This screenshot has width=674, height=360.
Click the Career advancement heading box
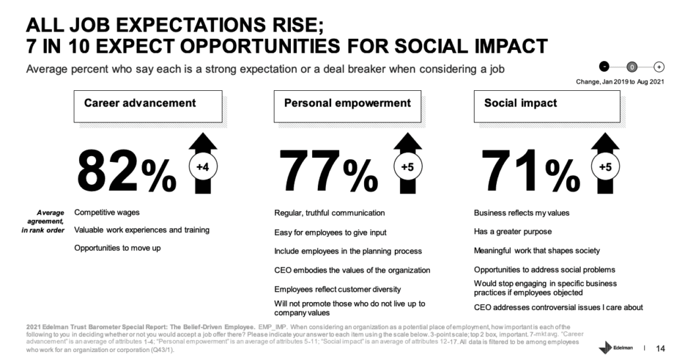(x=148, y=107)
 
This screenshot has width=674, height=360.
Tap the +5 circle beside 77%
(x=405, y=167)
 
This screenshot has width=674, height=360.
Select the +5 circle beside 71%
(x=604, y=167)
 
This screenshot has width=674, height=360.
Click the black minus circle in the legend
(x=605, y=66)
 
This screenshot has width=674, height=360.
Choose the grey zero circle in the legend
(x=631, y=66)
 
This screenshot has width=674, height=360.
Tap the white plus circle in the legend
(x=658, y=66)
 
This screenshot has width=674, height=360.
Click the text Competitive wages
(x=107, y=213)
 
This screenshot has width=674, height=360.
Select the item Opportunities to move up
(x=117, y=247)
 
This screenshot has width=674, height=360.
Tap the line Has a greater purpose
(x=513, y=232)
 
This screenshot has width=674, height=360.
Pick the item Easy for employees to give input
(x=330, y=232)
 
